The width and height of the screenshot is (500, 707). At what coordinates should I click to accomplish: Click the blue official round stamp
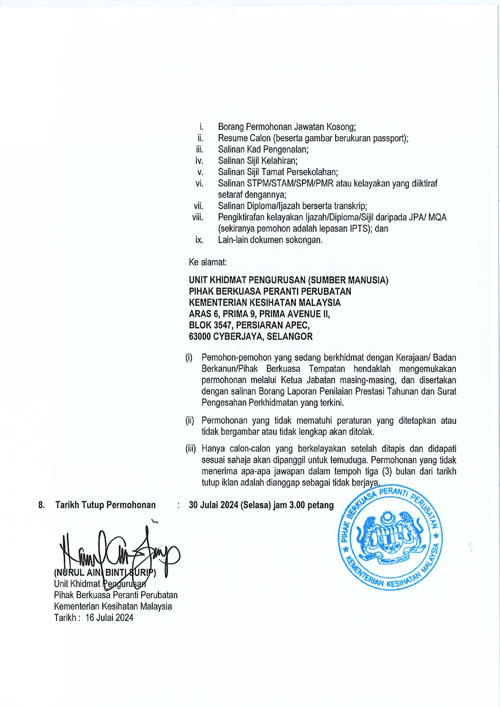click(x=390, y=537)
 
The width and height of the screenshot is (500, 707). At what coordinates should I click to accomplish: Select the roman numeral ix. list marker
click(x=199, y=240)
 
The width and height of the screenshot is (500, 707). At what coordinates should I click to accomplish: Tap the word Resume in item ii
click(x=231, y=139)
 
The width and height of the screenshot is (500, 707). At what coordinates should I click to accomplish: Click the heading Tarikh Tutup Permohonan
click(x=105, y=505)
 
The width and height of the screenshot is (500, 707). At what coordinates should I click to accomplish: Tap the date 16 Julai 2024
click(x=109, y=618)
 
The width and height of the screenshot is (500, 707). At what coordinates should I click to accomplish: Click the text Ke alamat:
click(x=208, y=263)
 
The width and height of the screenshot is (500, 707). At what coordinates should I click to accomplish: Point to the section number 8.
click(x=41, y=505)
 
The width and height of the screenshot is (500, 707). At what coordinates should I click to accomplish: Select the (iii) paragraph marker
click(x=191, y=449)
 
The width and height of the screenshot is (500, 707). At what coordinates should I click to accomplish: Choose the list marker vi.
click(x=199, y=184)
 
